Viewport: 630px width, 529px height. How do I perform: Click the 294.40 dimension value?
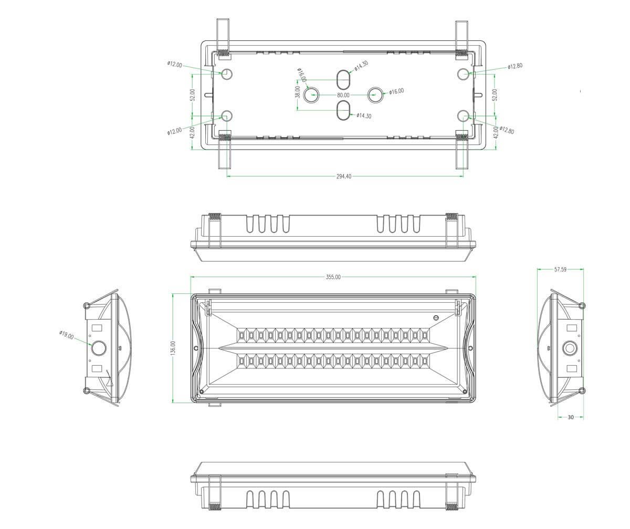[x=344, y=176]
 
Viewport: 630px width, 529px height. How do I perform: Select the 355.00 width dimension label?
[x=333, y=277]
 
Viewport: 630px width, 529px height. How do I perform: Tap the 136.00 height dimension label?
[x=173, y=348]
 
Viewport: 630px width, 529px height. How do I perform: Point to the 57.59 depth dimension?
[x=560, y=270]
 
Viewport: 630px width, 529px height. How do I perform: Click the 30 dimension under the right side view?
[x=571, y=417]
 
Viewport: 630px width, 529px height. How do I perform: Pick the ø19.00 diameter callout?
[x=66, y=335]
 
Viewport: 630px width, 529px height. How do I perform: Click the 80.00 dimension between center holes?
[x=343, y=96]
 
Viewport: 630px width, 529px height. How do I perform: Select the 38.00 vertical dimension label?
[x=298, y=92]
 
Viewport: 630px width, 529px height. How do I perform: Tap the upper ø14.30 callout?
[x=361, y=66]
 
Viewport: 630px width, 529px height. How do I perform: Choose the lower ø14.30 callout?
[x=364, y=115]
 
